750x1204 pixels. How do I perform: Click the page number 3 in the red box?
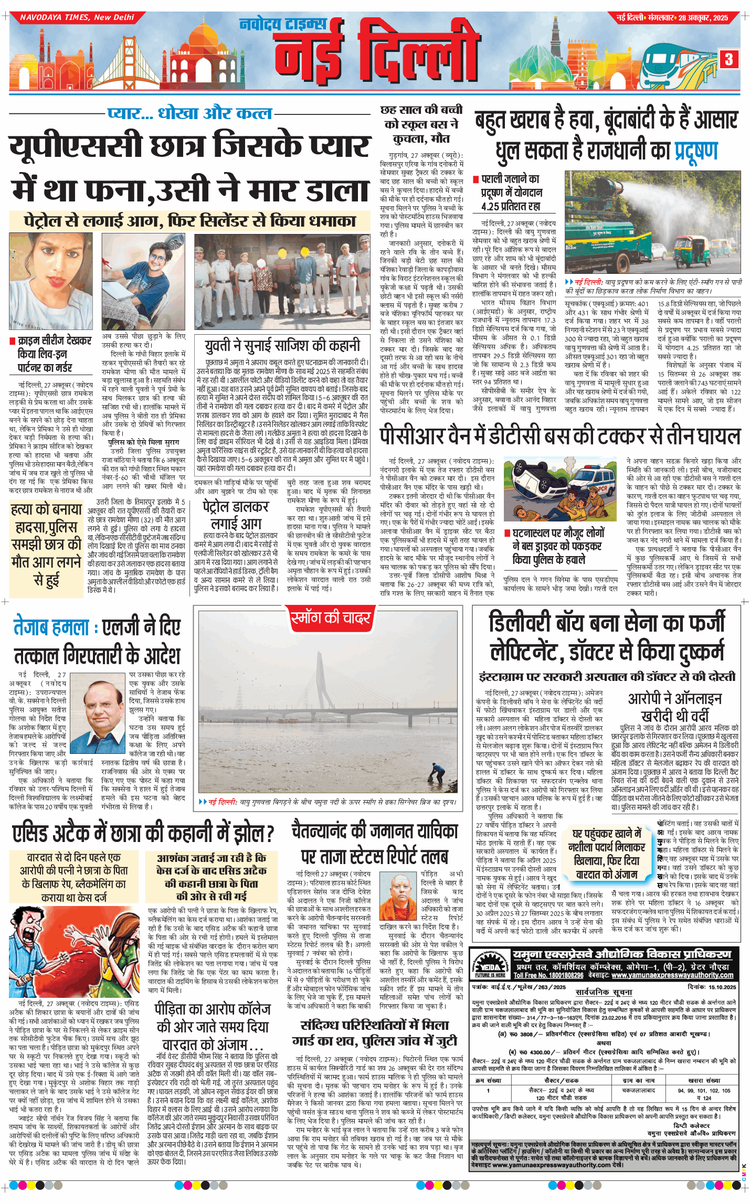click(x=728, y=59)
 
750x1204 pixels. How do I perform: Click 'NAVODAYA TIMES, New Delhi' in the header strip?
click(x=77, y=17)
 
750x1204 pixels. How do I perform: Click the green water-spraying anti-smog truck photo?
click(x=652, y=223)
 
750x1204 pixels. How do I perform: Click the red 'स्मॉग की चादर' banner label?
click(x=330, y=618)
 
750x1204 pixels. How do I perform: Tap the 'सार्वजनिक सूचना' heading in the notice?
click(x=604, y=992)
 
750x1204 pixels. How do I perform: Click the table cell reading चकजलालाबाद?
click(x=638, y=1090)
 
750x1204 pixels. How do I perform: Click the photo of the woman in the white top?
click(x=51, y=281)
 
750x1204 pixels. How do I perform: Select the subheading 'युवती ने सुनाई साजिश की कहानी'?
click(x=282, y=345)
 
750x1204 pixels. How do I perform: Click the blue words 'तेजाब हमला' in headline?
click(x=51, y=627)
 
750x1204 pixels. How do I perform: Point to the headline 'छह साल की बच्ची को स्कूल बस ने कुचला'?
click(x=421, y=124)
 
